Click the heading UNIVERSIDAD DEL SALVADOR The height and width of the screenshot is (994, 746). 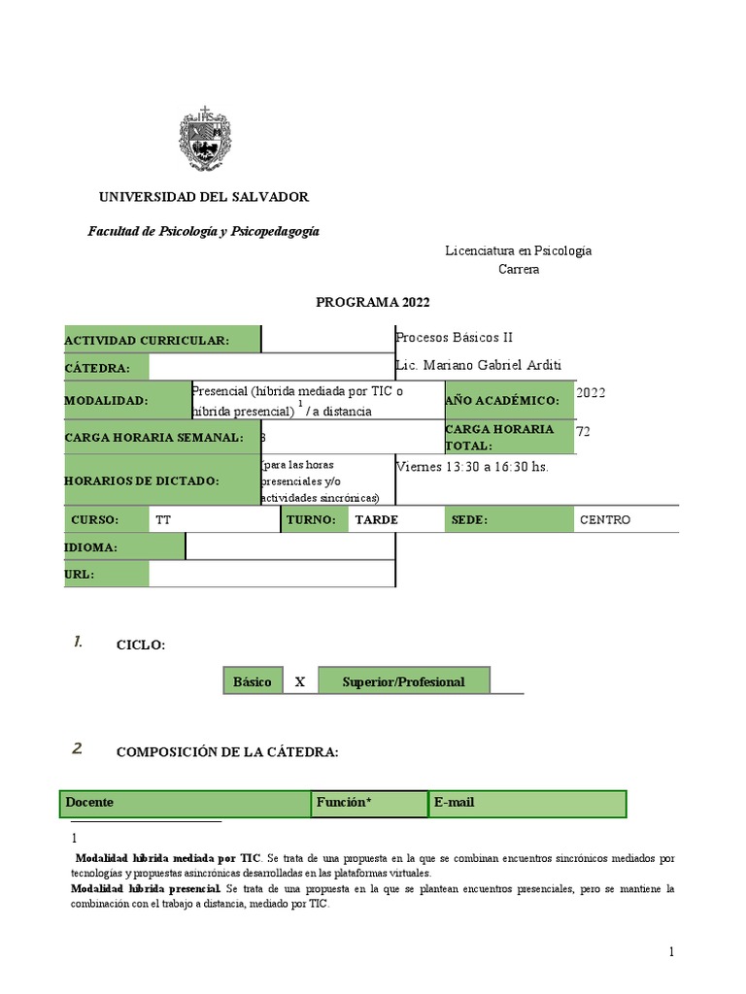[204, 197]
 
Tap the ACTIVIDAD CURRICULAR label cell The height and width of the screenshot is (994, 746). [162, 340]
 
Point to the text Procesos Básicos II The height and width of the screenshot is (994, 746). [454, 338]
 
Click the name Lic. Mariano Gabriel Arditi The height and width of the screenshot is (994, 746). [479, 365]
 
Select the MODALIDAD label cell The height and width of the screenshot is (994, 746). [127, 400]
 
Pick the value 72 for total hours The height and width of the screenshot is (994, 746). [584, 431]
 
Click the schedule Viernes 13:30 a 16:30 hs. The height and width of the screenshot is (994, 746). [472, 467]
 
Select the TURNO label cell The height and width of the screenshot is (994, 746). [315, 520]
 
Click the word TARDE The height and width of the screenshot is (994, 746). [377, 520]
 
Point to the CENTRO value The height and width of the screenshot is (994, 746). [605, 520]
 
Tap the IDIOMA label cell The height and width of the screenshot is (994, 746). [123, 547]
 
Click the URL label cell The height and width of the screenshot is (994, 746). [106, 574]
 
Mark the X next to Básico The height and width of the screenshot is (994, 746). [300, 681]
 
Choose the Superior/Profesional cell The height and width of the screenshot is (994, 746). [403, 681]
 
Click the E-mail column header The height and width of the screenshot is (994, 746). [526, 804]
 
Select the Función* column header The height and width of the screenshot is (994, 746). [369, 804]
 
